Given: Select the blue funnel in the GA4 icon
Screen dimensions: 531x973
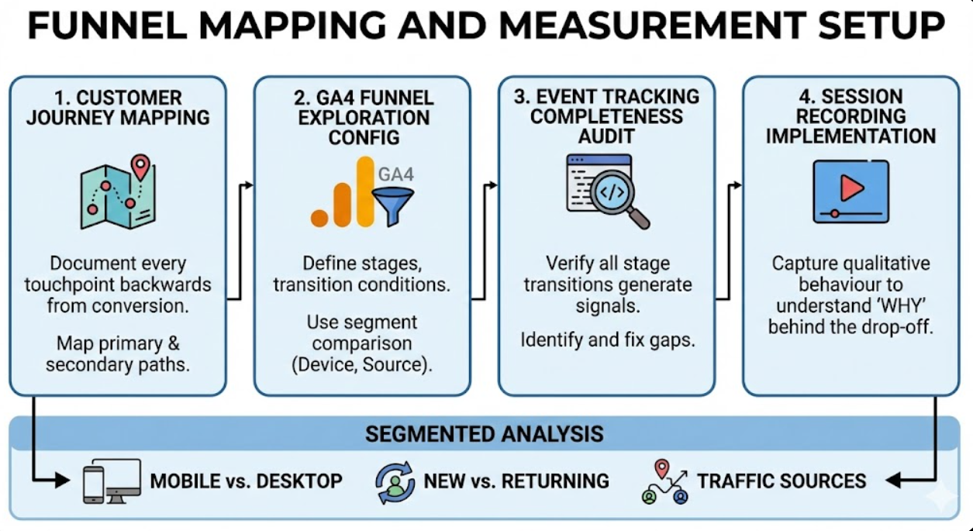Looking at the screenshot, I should [x=392, y=204].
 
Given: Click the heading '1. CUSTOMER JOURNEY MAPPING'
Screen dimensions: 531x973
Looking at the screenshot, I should [x=118, y=108].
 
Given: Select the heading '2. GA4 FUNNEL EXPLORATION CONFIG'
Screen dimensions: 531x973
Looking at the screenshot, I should [x=362, y=118].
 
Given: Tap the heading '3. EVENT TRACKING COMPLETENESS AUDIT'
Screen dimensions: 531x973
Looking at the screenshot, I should [x=606, y=116].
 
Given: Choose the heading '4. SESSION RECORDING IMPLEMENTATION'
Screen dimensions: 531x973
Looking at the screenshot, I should [x=851, y=116].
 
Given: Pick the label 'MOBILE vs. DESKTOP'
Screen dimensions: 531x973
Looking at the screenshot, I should [x=246, y=481].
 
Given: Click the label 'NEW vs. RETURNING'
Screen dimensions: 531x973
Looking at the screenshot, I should [x=516, y=481].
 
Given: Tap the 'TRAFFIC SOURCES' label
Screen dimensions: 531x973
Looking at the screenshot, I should [x=782, y=481].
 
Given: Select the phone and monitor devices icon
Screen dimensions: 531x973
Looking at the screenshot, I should [x=112, y=481].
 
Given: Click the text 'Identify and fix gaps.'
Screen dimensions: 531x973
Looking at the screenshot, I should [x=606, y=340].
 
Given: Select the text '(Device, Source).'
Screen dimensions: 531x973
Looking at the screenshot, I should [x=362, y=364].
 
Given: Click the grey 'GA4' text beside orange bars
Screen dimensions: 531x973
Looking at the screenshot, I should [x=396, y=173].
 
